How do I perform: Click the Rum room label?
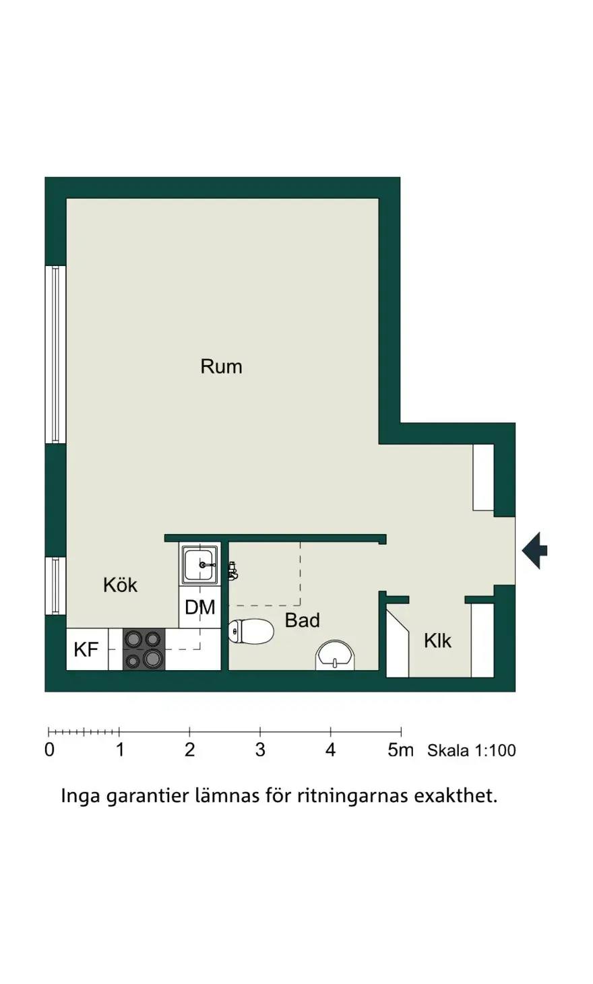point(221,366)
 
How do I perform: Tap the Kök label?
point(120,585)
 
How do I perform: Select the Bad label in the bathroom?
point(302,620)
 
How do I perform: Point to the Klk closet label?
point(437,641)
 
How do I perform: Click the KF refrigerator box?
point(87,649)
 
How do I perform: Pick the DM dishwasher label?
point(200,607)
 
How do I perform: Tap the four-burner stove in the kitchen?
point(144,649)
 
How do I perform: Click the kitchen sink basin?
point(200,565)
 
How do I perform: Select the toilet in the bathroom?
point(251,631)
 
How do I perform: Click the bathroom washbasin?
point(335,655)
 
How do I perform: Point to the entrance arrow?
point(534,550)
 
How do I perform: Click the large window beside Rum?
point(56,354)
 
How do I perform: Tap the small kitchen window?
point(56,586)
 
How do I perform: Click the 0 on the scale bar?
point(50,750)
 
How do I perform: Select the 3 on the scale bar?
point(260,750)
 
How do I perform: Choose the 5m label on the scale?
point(400,750)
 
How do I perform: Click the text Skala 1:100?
point(471,750)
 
